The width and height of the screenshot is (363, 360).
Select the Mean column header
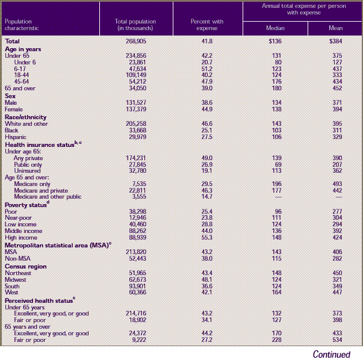334,28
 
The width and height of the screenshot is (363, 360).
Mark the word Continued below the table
331,354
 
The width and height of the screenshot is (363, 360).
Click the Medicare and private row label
39,190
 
